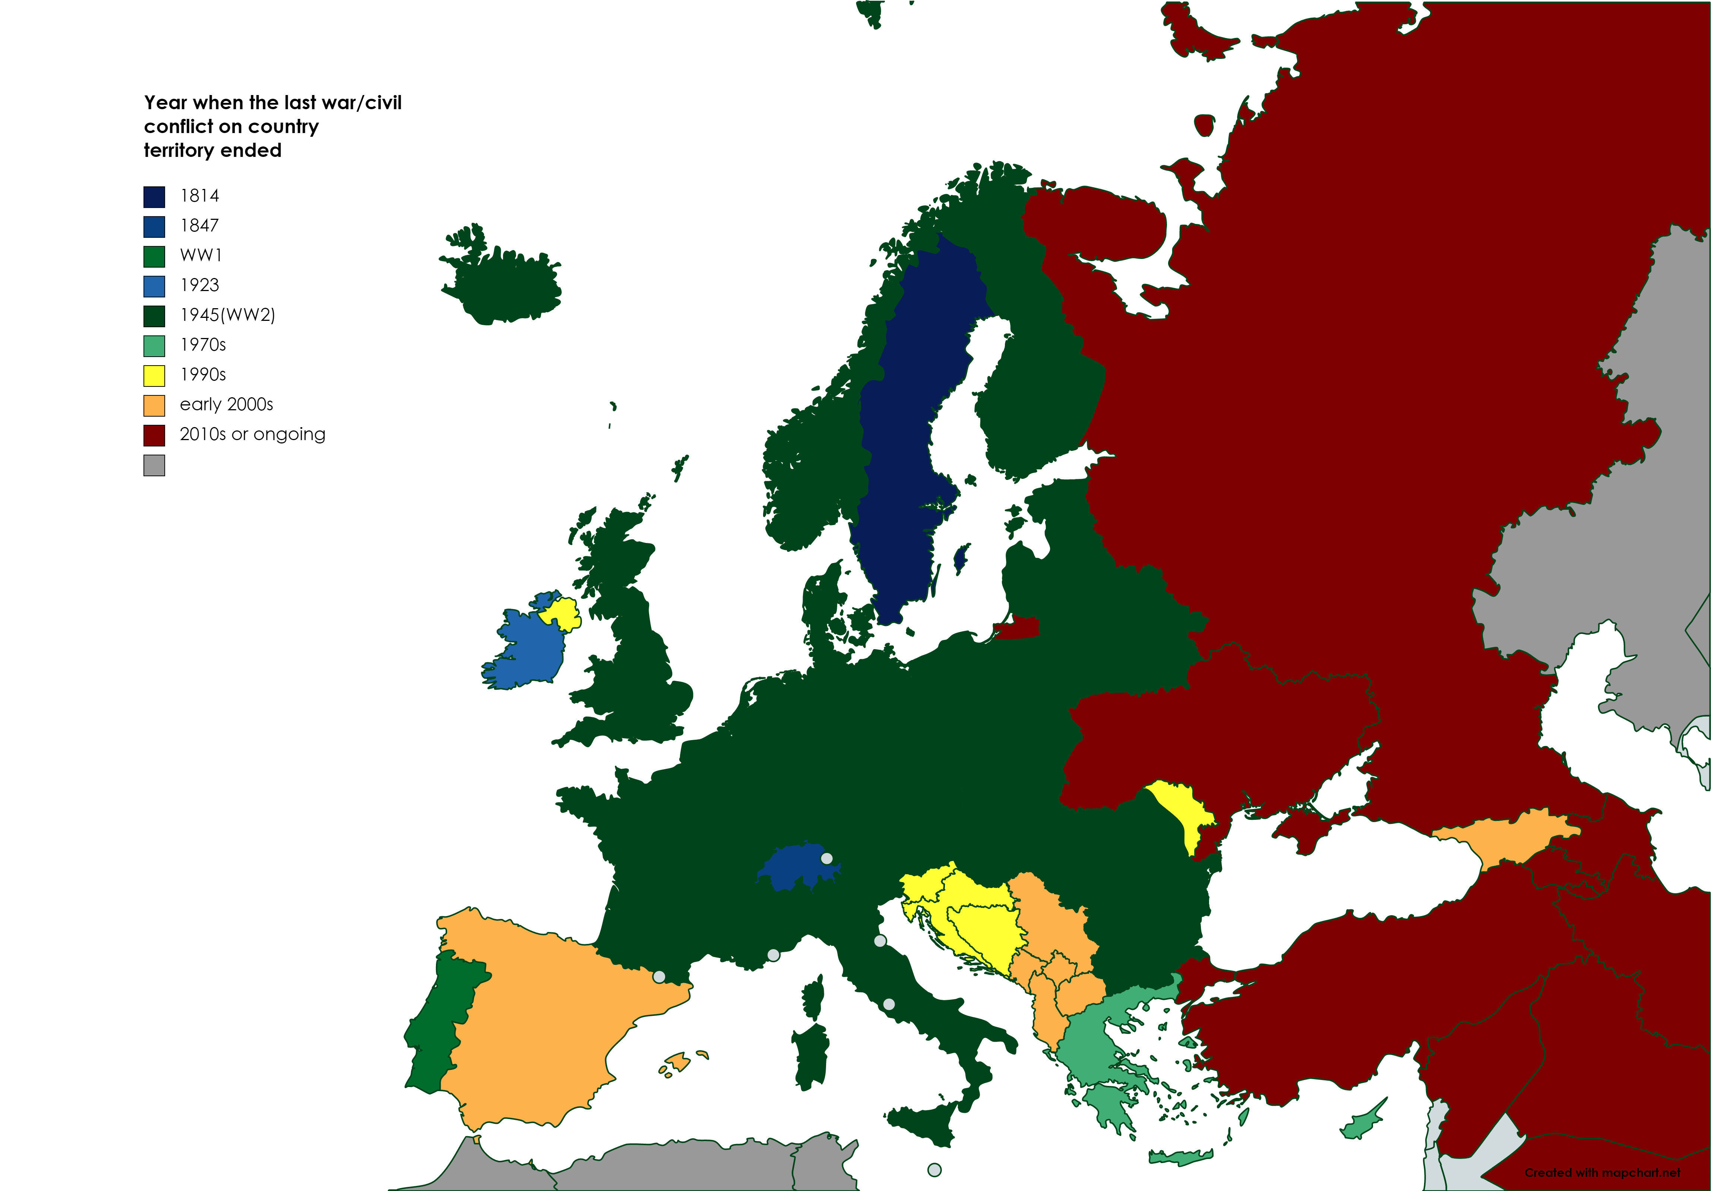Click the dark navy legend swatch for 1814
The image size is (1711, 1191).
click(154, 197)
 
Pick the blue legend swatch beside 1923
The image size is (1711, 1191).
click(154, 286)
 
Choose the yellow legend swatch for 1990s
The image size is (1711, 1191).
click(154, 376)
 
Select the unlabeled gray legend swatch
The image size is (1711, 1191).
click(154, 465)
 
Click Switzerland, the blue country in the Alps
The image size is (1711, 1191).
click(796, 868)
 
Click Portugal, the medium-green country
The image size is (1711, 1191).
click(440, 1021)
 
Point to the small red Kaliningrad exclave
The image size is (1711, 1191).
click(1017, 628)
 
